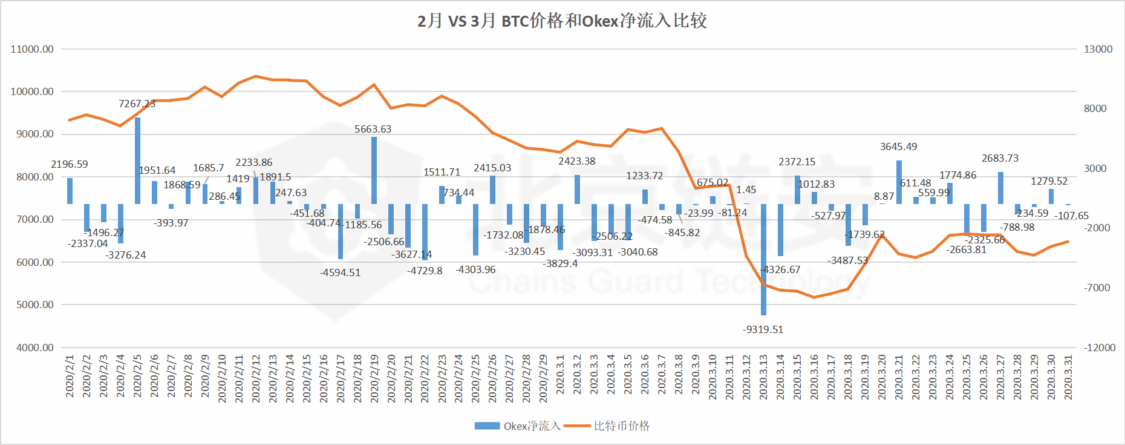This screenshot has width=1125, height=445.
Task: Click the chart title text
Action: click(x=562, y=21)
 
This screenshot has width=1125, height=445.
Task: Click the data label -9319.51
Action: click(x=763, y=329)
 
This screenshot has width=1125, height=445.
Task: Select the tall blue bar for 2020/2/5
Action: click(x=137, y=160)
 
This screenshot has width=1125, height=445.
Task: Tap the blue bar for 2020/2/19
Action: click(x=374, y=170)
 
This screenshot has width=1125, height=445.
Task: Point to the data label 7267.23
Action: click(x=137, y=104)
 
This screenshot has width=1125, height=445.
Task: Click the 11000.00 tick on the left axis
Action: click(x=32, y=49)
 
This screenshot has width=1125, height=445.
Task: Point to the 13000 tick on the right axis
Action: click(x=1098, y=49)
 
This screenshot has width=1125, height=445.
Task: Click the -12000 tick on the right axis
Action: click(x=1099, y=348)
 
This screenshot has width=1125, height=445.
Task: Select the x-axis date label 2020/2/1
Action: click(x=70, y=377)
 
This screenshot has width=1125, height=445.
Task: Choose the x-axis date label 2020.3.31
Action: click(x=1068, y=377)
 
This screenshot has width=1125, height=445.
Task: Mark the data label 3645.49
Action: click(x=898, y=147)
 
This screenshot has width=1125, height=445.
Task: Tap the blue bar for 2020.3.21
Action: click(x=899, y=182)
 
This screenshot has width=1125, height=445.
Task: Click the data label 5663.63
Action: click(x=373, y=129)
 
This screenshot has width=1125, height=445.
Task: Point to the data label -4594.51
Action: click(x=340, y=272)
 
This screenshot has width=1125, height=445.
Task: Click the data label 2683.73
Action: click(x=1000, y=158)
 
